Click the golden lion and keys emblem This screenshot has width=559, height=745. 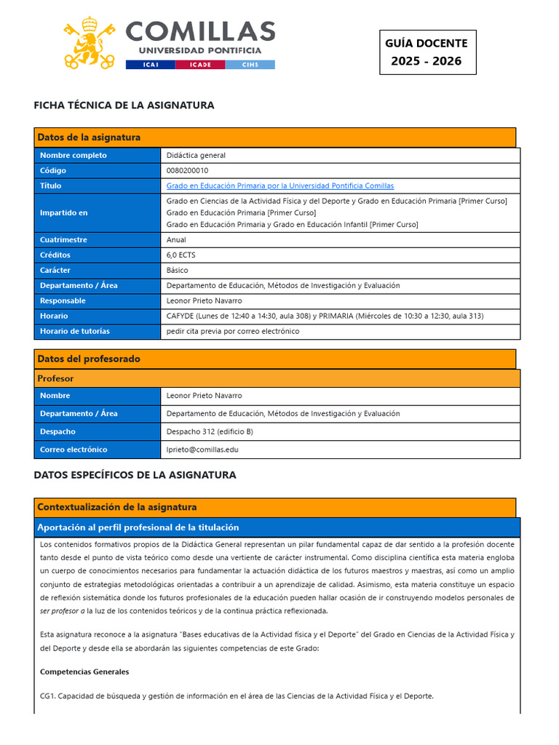pos(90,42)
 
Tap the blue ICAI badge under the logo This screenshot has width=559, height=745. pos(149,65)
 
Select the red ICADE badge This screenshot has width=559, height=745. pos(200,65)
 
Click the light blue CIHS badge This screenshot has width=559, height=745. pos(250,65)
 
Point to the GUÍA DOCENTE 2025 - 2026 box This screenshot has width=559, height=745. pos(427,52)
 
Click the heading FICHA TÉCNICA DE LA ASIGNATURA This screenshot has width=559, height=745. pos(124,105)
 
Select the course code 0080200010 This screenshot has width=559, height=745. pos(187,170)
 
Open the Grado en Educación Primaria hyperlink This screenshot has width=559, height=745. pos(280,186)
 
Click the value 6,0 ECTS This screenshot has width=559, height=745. pos(181,255)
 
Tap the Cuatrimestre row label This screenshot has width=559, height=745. pos(63,239)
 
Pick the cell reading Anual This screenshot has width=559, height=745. pos(176,239)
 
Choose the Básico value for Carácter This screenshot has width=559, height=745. pos(177,270)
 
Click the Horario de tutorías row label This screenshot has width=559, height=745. pos(75,331)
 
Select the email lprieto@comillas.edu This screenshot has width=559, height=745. pos(202,450)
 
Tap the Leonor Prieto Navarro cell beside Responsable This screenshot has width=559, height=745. pos(205,300)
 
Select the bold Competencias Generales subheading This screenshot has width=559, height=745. pos(84,672)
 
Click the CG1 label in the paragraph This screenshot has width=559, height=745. pos(47,696)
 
